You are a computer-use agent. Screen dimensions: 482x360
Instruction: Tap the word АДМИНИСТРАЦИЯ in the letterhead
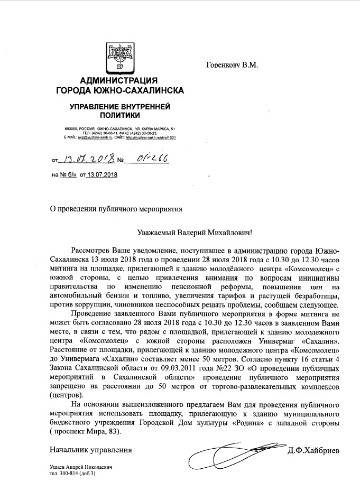(x=120, y=81)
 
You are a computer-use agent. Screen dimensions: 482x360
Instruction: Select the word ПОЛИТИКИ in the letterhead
(x=120, y=114)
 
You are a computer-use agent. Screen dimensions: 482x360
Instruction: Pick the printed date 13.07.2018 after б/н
(x=103, y=174)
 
